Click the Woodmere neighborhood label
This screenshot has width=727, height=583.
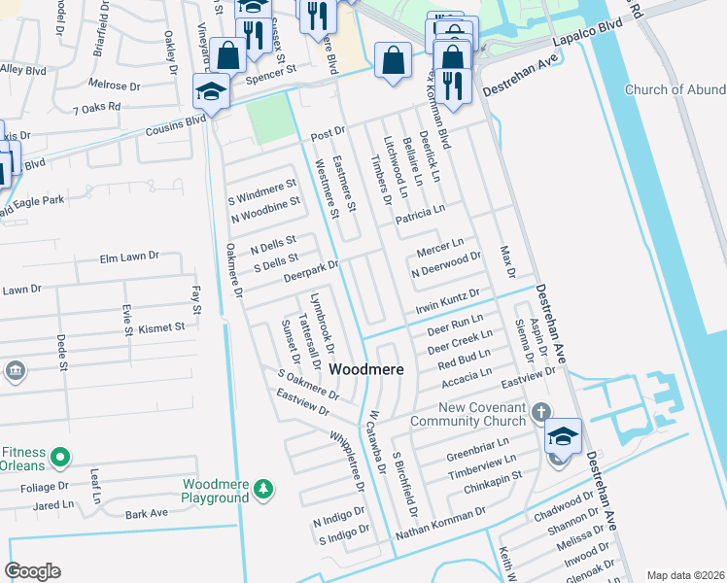366,370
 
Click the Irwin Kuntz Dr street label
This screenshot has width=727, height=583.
448,300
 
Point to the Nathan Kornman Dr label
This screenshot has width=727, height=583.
441,524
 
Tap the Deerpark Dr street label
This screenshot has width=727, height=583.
310,270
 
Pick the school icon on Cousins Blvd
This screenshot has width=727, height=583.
210,93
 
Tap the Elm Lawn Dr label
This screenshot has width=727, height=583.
129,257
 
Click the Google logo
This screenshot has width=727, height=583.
32,571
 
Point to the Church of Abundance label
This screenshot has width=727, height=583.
675,90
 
